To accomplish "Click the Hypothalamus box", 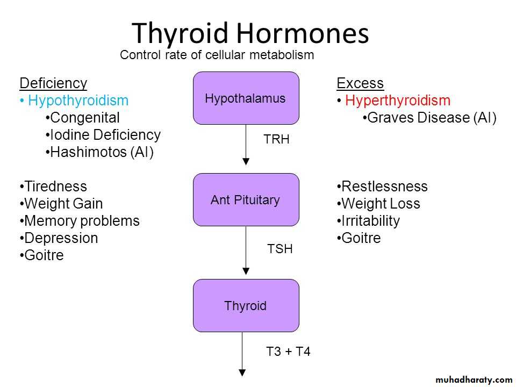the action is pos(246,98).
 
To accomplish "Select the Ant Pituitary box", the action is pos(246,200).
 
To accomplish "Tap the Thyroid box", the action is pos(246,305).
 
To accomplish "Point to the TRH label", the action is pos(276,139).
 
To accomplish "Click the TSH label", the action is pos(279,249).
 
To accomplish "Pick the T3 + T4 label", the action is pos(288,352).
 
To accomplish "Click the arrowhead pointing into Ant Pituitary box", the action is pos(246,162).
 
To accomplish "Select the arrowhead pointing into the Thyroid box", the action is pos(246,271).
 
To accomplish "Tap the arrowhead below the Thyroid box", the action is pos(242,372).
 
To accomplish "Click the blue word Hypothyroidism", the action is pos(78,101).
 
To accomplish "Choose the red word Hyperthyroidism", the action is pos(398,101).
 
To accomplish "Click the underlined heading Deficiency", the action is pos(53,83).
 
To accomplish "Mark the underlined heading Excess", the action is pos(360,83).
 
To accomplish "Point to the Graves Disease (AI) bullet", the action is pos(429,118).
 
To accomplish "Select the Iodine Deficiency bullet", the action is pos(103,134).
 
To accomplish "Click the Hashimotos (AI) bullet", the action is pos(99,152).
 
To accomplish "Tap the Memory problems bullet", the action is pos(80,221).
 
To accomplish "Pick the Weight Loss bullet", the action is pos(378,203).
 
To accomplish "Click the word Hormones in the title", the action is pos(303,33).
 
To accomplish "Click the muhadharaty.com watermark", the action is pos(474,380).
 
